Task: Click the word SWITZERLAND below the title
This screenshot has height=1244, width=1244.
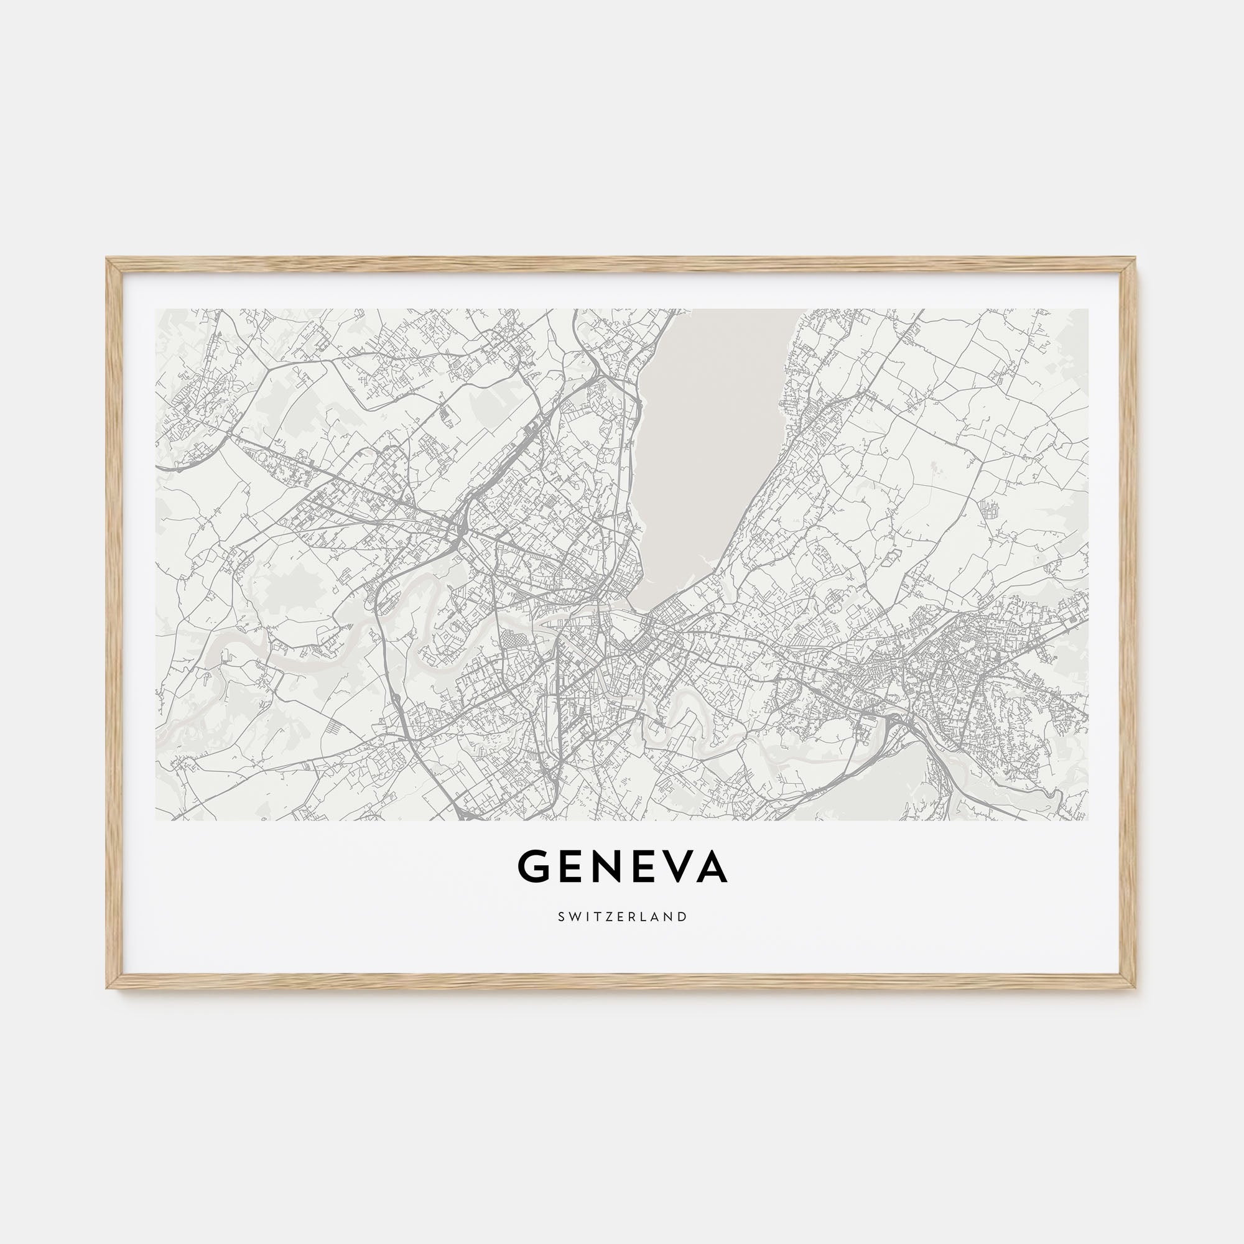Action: pyautogui.click(x=622, y=916)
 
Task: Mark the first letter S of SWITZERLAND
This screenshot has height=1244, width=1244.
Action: pyautogui.click(x=562, y=916)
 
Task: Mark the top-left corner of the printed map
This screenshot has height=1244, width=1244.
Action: pyautogui.click(x=157, y=310)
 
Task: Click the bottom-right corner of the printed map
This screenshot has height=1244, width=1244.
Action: pyautogui.click(x=1087, y=820)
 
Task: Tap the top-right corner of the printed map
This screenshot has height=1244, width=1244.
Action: pyautogui.click(x=1087, y=310)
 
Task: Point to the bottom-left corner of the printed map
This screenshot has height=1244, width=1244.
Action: pyautogui.click(x=157, y=820)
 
